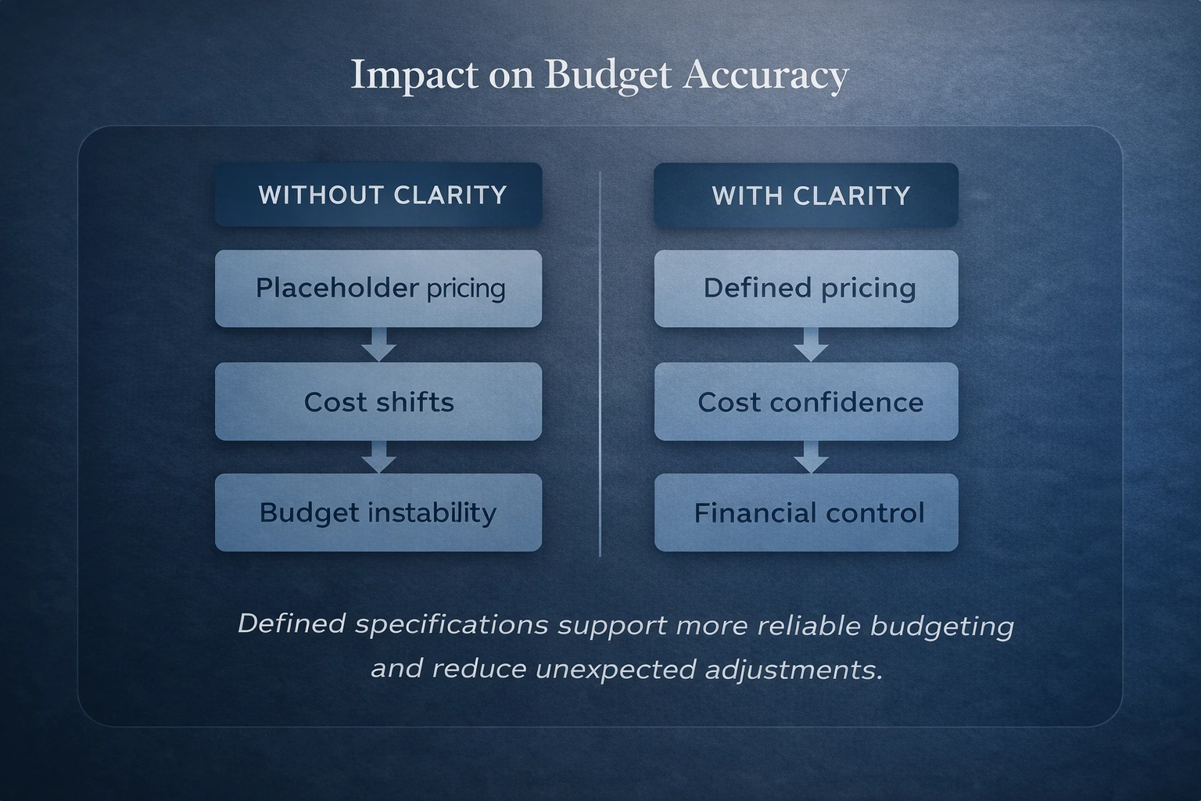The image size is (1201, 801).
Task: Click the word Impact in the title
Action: tap(414, 76)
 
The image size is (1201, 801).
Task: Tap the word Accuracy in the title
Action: tap(766, 76)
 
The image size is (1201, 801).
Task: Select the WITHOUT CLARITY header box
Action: tap(378, 195)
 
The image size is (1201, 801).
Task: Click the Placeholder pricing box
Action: tap(378, 289)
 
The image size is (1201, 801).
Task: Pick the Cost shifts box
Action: tap(378, 402)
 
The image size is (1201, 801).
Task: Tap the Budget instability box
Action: tap(378, 512)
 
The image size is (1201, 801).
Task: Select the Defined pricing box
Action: tap(806, 289)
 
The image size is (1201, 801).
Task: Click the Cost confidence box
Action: tap(806, 402)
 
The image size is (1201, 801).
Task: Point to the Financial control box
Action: tap(806, 512)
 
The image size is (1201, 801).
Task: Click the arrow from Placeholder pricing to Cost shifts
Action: tap(378, 344)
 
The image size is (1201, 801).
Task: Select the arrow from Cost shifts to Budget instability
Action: tap(378, 457)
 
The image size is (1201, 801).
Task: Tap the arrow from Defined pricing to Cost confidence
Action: tap(811, 344)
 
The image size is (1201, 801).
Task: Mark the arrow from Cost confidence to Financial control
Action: tap(811, 457)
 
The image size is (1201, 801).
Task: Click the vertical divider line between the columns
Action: tap(600, 365)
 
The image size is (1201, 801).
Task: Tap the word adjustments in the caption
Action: tap(794, 670)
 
